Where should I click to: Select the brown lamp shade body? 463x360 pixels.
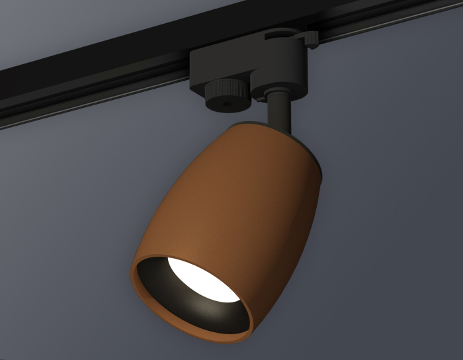(x=245, y=192)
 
